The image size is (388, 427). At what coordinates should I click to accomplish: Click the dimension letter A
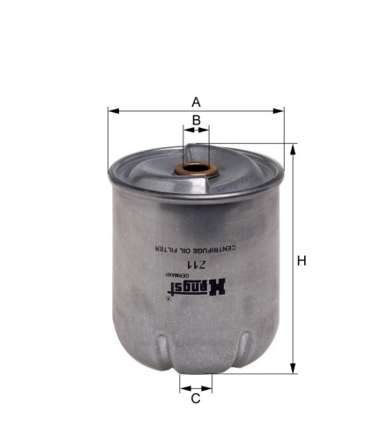click(197, 101)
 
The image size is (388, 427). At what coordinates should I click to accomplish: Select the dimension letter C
click(196, 398)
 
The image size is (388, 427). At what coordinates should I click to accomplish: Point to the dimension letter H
click(302, 261)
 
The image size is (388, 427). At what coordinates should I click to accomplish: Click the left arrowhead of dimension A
click(112, 111)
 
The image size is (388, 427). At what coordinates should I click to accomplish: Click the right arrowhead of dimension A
click(281, 111)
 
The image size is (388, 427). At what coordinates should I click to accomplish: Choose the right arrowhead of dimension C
click(209, 386)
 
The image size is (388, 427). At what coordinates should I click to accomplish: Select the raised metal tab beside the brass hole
click(226, 159)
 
